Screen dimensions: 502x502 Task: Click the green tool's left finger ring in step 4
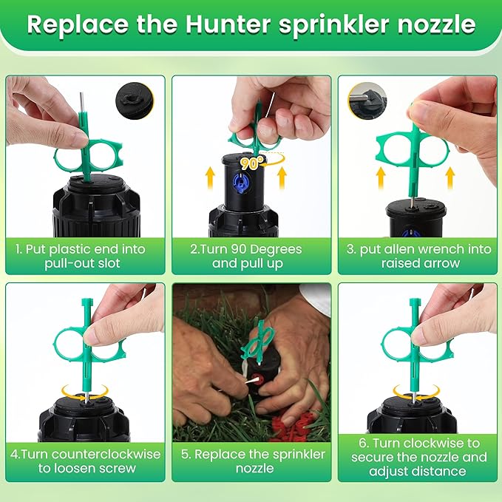pyautogui.click(x=67, y=344)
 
